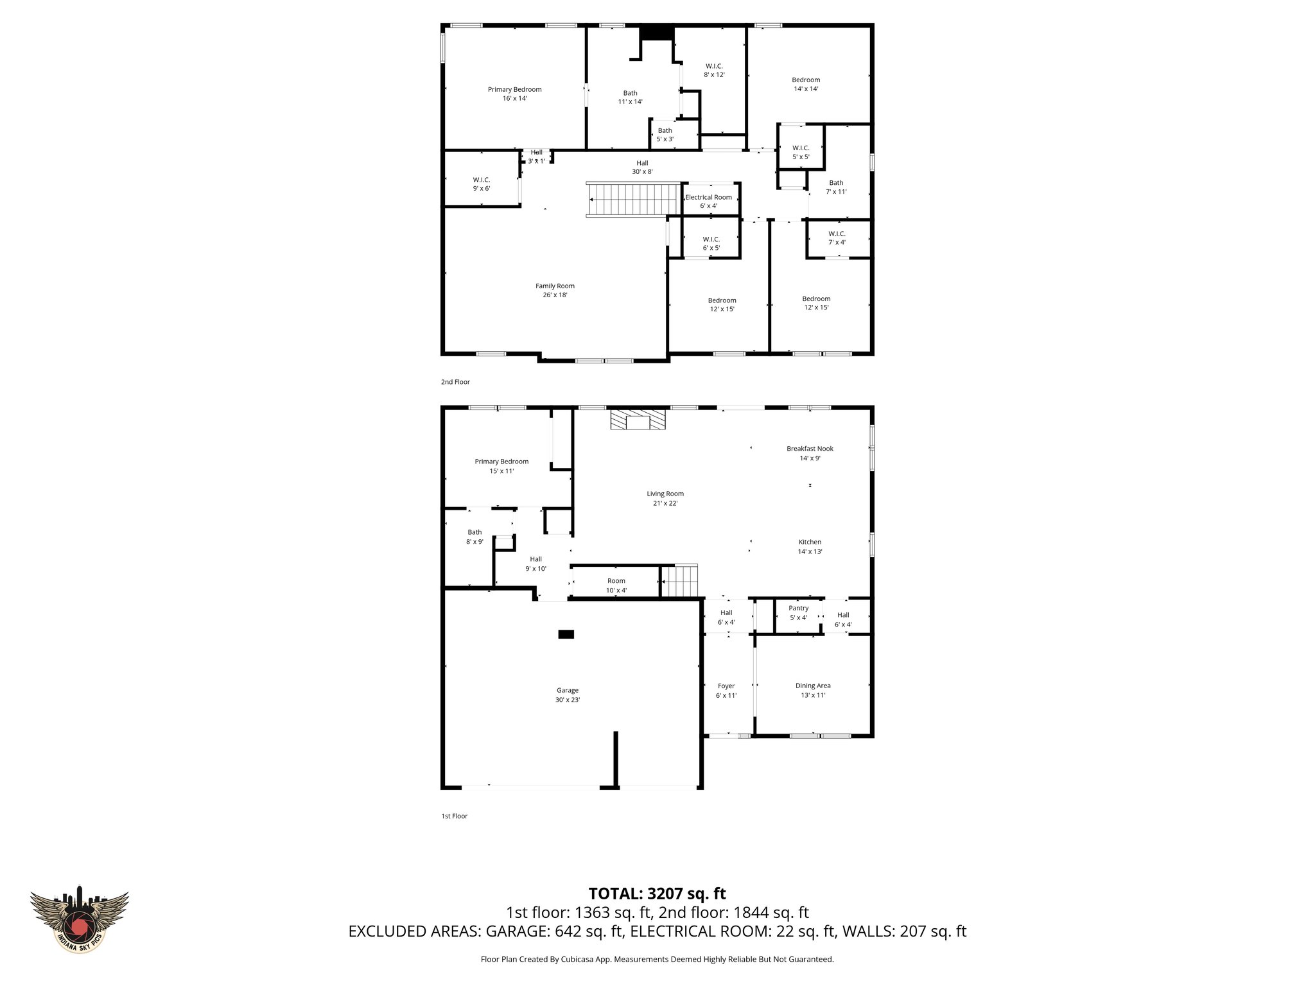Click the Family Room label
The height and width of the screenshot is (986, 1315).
tap(555, 290)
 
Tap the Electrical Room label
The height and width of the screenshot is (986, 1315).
tap(709, 201)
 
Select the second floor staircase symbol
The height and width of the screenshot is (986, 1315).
tap(634, 200)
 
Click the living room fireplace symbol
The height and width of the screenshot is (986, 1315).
tap(638, 421)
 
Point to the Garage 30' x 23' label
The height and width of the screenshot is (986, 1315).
tap(568, 695)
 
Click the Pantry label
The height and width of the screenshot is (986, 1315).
tap(798, 612)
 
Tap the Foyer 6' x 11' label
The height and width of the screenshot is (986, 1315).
tap(726, 690)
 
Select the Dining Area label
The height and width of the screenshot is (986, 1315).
tap(813, 690)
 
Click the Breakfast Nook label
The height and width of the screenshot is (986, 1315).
tap(810, 453)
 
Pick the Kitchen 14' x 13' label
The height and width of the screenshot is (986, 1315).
tap(810, 546)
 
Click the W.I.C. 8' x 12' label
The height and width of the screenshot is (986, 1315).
tap(714, 70)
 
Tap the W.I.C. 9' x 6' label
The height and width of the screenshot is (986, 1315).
tap(482, 184)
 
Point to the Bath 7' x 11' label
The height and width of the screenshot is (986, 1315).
tap(836, 187)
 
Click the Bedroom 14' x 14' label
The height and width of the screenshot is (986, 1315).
tap(806, 84)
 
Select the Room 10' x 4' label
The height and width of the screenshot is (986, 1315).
tap(616, 585)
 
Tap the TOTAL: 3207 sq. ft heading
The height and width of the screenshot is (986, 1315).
tap(657, 894)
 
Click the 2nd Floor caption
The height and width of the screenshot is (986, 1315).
tap(455, 382)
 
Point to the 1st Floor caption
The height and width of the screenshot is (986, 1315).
tap(454, 816)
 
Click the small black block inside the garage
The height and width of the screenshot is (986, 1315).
tap(566, 634)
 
